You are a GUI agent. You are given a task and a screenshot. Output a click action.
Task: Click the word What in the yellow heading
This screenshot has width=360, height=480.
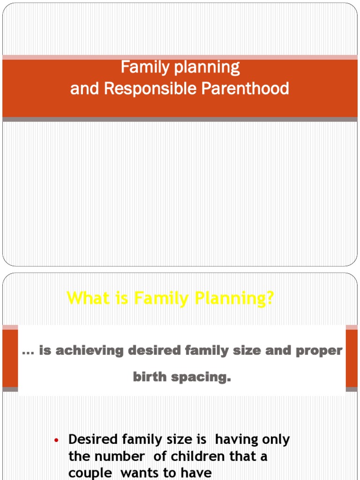pos(87,298)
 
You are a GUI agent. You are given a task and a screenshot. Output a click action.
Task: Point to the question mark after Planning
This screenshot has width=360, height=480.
pos(269,298)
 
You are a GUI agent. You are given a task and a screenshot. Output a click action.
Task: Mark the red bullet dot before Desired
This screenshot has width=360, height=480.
pos(56,440)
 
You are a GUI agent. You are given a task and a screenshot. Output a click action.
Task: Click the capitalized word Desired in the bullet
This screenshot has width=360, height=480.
pos(93,440)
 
